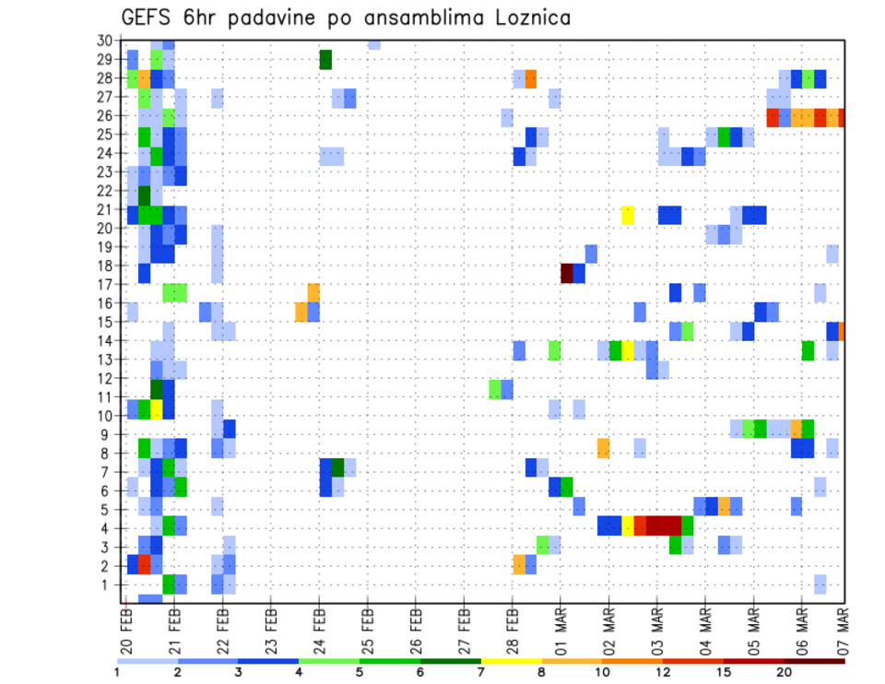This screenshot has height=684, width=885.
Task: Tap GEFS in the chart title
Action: (148, 17)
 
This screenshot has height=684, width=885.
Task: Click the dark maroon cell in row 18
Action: (567, 273)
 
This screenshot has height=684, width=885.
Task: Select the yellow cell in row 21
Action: (628, 215)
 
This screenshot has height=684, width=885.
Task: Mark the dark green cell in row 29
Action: (325, 60)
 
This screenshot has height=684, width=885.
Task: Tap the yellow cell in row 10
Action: (157, 408)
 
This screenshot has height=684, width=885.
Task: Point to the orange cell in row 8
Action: (603, 448)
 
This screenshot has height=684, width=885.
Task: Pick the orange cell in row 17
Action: (313, 292)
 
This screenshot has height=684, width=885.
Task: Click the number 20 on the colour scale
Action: (784, 672)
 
